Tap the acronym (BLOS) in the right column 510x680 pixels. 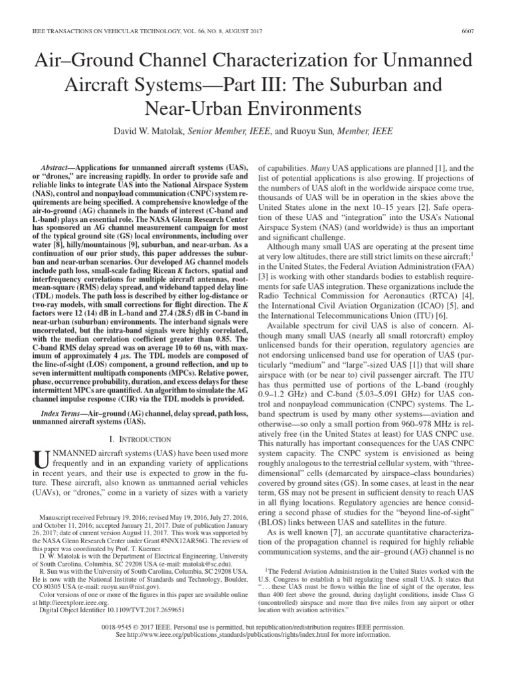[282, 505]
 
